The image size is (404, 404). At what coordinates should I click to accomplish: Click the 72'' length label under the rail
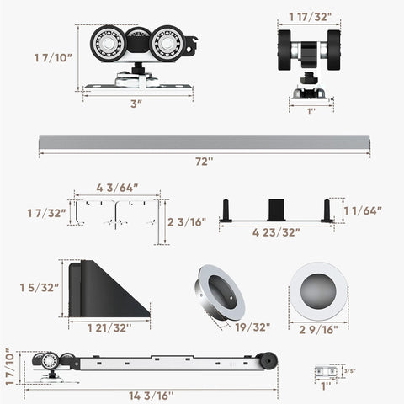tap(203, 161)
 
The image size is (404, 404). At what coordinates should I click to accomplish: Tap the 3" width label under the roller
tap(137, 103)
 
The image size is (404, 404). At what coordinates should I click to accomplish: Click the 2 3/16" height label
tap(187, 223)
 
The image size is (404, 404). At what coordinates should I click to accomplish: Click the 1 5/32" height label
tap(40, 287)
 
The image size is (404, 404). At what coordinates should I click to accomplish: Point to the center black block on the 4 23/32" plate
tap(277, 208)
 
